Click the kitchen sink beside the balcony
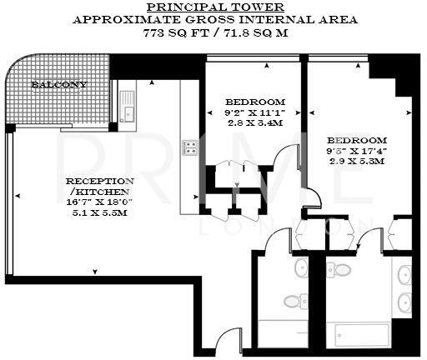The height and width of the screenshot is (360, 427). (127, 107)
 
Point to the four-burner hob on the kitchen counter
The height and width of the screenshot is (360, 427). (190, 147)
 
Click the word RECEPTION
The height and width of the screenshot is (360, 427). (99, 181)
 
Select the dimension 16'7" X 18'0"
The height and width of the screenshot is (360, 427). (99, 202)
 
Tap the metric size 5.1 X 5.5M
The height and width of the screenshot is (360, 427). (99, 212)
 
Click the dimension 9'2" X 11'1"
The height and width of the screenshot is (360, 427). (254, 113)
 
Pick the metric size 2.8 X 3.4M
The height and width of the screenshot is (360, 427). (254, 123)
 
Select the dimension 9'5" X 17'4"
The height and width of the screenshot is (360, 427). (355, 151)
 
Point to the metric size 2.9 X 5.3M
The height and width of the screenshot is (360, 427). (355, 162)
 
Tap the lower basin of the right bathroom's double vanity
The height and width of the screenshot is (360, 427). (404, 302)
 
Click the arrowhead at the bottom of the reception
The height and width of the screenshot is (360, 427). (96, 270)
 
